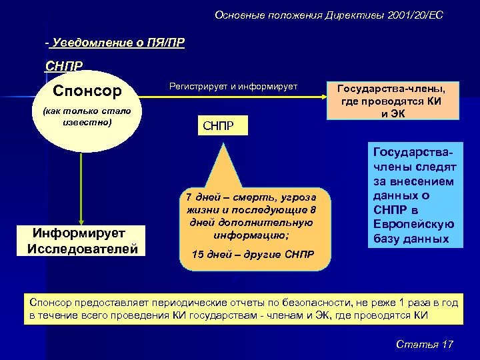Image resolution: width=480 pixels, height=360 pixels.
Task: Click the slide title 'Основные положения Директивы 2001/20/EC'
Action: point(329,15)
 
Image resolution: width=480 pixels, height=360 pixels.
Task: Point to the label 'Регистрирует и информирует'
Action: point(233,87)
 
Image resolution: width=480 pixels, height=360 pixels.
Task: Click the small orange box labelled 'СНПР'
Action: point(217,125)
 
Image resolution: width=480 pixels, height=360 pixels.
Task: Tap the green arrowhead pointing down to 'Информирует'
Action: point(81,221)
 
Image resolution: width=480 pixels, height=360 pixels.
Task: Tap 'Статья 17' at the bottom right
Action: point(425,344)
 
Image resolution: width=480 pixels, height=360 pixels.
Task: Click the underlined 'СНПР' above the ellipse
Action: point(64,66)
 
